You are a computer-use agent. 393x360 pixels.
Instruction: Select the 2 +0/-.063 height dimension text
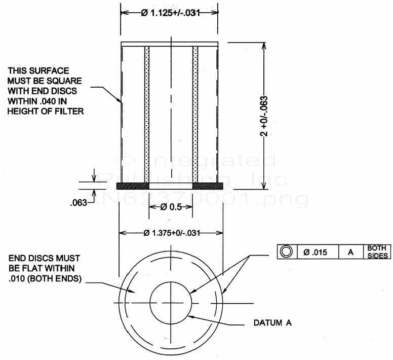pyautogui.click(x=264, y=117)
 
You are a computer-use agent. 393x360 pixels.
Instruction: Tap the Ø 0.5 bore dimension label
pyautogui.click(x=171, y=207)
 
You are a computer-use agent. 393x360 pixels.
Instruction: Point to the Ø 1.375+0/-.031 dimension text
pyautogui.click(x=171, y=233)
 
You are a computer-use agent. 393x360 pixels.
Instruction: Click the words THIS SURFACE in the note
pyautogui.click(x=38, y=70)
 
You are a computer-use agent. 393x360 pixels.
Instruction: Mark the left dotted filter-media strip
pyautogui.click(x=147, y=114)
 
